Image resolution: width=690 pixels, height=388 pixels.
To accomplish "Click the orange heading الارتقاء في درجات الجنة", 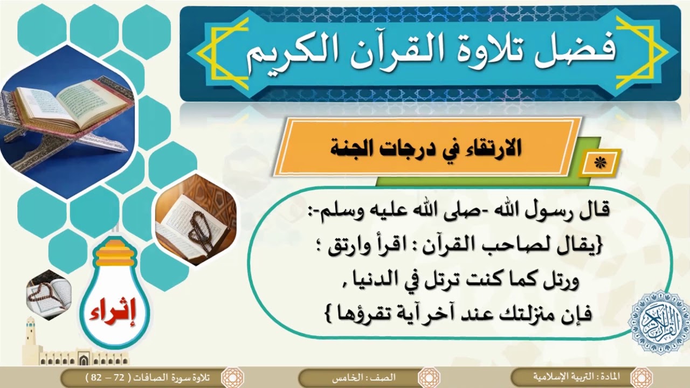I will (426, 148).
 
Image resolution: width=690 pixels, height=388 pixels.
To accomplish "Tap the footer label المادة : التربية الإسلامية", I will (582, 376).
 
